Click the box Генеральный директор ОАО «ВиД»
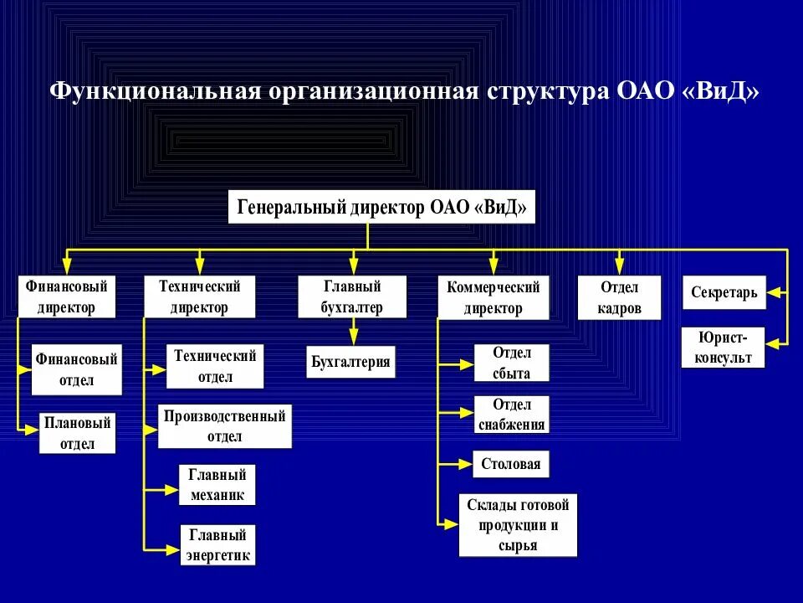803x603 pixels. pyautogui.click(x=381, y=207)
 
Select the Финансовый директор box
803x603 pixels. pyautogui.click(x=67, y=296)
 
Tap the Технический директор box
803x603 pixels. pyautogui.click(x=199, y=296)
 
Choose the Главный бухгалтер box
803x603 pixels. pyautogui.click(x=352, y=296)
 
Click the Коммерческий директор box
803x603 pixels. pyautogui.click(x=493, y=297)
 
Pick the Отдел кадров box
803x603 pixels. pyautogui.click(x=619, y=297)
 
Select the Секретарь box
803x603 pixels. pyautogui.click(x=724, y=293)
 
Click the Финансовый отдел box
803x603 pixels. pyautogui.click(x=76, y=369)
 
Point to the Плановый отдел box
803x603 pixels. pyautogui.click(x=76, y=433)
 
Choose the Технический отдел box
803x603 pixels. pyautogui.click(x=215, y=366)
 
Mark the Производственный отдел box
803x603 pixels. pyautogui.click(x=225, y=425)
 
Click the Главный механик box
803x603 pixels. pyautogui.click(x=217, y=484)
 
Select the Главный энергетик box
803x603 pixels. pyautogui.click(x=217, y=544)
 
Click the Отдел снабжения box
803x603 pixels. pyautogui.click(x=511, y=415)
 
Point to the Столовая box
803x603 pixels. pyautogui.click(x=511, y=463)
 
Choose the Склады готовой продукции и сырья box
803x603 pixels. pyautogui.click(x=519, y=525)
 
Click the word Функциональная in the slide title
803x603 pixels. pyautogui.click(x=156, y=91)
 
